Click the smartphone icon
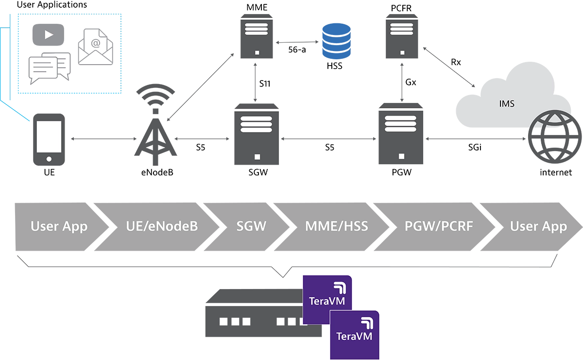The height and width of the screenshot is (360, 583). pos(49,140)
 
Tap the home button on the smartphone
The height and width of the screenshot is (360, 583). pos(49,158)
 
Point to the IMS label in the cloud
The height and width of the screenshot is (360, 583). pos(507,103)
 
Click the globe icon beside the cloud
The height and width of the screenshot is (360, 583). pos(551,136)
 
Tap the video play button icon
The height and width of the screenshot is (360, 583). pos(49,34)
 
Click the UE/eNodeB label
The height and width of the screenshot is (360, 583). pos(161,226)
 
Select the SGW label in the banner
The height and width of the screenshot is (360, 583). pos(251,226)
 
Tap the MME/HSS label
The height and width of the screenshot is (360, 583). pos(336,226)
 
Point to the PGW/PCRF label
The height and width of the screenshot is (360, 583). pos(439,226)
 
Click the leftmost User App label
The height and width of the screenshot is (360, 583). pos(59,226)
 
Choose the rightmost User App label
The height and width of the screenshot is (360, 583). pos(538,226)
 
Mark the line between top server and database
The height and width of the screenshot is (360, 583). pos(297,42)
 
